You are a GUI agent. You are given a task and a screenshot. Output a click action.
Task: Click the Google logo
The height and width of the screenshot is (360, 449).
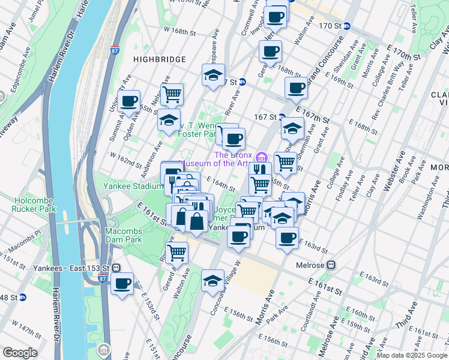(20, 353)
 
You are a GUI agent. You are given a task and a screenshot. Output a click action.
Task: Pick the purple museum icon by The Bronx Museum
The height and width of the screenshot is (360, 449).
(261, 158)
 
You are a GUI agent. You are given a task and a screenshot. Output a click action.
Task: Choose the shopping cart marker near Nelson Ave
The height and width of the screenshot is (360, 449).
(172, 94)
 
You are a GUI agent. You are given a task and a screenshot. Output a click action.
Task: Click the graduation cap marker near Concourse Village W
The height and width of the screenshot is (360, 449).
(212, 280)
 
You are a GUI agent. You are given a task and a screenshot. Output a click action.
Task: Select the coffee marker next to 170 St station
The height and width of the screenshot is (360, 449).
(277, 16)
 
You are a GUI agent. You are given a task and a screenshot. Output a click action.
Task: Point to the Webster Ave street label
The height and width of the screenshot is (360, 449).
(389, 170)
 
